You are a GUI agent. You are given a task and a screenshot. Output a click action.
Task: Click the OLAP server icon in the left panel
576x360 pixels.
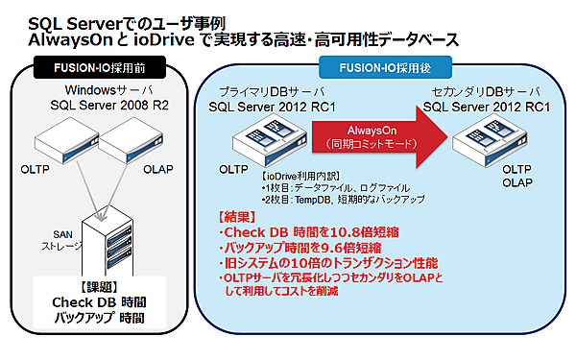138,141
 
